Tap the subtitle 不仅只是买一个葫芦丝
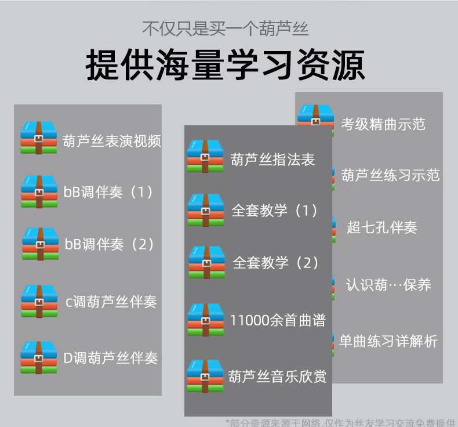(x=226, y=28)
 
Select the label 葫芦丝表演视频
(x=111, y=140)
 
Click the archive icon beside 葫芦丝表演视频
(x=39, y=137)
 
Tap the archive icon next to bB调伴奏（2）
(x=40, y=244)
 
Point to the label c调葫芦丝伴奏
(x=111, y=302)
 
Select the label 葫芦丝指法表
(x=272, y=160)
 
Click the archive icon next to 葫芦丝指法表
(x=205, y=156)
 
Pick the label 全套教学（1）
(x=275, y=210)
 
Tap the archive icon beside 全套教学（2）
(x=206, y=262)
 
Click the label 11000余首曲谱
(x=278, y=320)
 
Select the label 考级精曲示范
(x=383, y=124)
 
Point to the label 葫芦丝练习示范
(x=390, y=175)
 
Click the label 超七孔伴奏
(x=382, y=227)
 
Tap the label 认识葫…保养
(x=388, y=285)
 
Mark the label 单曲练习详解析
(x=388, y=341)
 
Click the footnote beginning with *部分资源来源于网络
(x=340, y=422)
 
